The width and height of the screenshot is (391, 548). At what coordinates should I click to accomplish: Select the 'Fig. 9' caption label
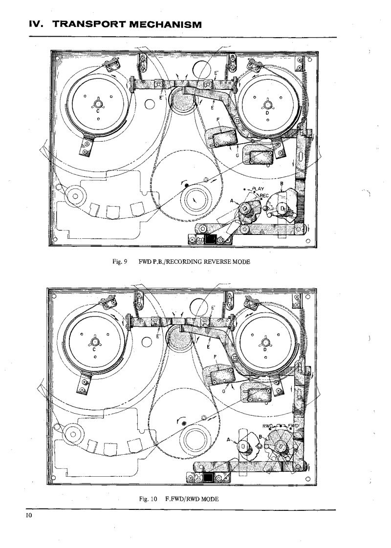click(119, 262)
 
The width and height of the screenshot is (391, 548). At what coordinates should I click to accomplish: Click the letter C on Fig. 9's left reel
click(98, 111)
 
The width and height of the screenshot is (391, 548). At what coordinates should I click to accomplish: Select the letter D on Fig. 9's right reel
click(268, 111)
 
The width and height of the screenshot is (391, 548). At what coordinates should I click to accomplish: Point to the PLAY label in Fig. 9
click(257, 189)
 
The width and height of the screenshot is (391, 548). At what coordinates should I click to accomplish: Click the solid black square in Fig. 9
click(211, 240)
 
